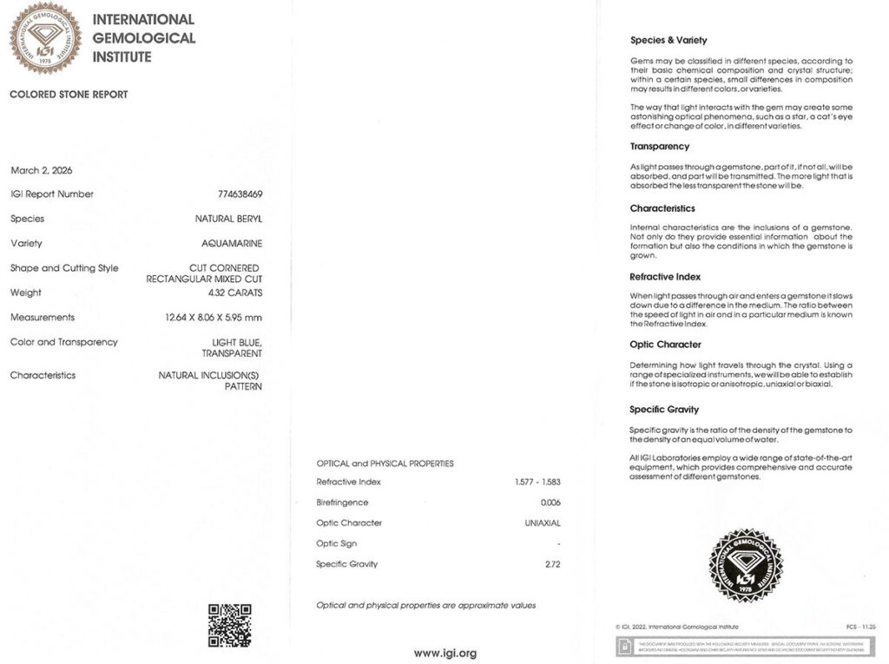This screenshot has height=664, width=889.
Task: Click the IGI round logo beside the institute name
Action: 45,37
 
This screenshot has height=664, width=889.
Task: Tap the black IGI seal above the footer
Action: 746,565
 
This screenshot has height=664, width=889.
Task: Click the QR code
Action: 229,625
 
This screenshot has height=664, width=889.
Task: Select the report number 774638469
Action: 240,194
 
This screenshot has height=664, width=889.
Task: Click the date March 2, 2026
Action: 37,170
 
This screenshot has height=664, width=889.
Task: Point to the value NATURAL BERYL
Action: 228,220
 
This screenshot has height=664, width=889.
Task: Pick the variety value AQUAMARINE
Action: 232,244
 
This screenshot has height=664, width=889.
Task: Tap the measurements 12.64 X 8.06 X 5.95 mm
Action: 214,318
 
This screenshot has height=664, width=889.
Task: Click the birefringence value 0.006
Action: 550,503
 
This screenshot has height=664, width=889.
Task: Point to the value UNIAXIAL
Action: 543,523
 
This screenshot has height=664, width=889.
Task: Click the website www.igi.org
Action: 444,653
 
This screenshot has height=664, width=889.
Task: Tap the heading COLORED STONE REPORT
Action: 69,95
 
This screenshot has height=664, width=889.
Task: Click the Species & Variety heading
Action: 668,40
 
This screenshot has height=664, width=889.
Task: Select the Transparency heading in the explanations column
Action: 660,147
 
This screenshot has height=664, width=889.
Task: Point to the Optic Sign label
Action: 341,543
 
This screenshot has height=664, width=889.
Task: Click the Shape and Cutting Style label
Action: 64,268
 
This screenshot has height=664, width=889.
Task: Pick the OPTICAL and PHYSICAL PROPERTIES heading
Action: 385,463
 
